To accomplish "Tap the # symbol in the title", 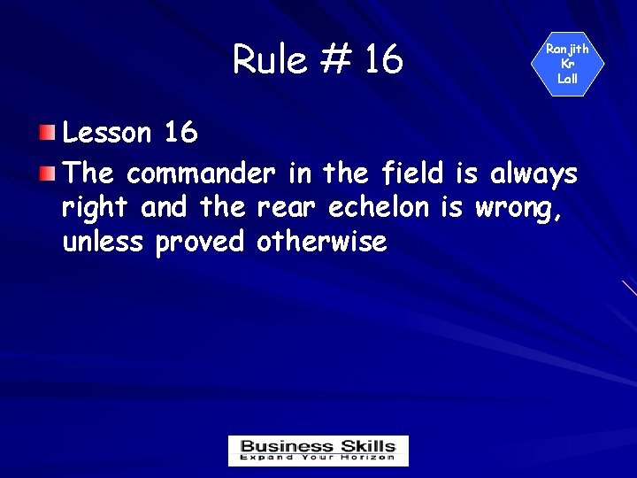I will coord(334,59).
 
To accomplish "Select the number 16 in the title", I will coord(382,59).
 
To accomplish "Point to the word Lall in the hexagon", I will coord(567,79).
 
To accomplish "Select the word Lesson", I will coord(107,133).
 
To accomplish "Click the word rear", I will coord(288,209).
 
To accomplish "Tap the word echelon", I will coord(380,207).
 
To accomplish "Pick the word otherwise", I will coord(321,241).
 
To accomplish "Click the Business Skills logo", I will coord(318,451).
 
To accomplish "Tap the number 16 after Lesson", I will coord(180,133).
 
